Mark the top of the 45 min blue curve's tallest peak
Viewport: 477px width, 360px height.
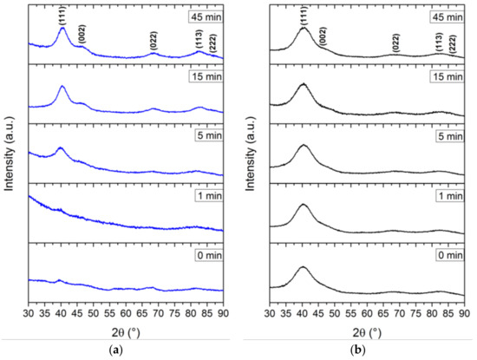(62, 28)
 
